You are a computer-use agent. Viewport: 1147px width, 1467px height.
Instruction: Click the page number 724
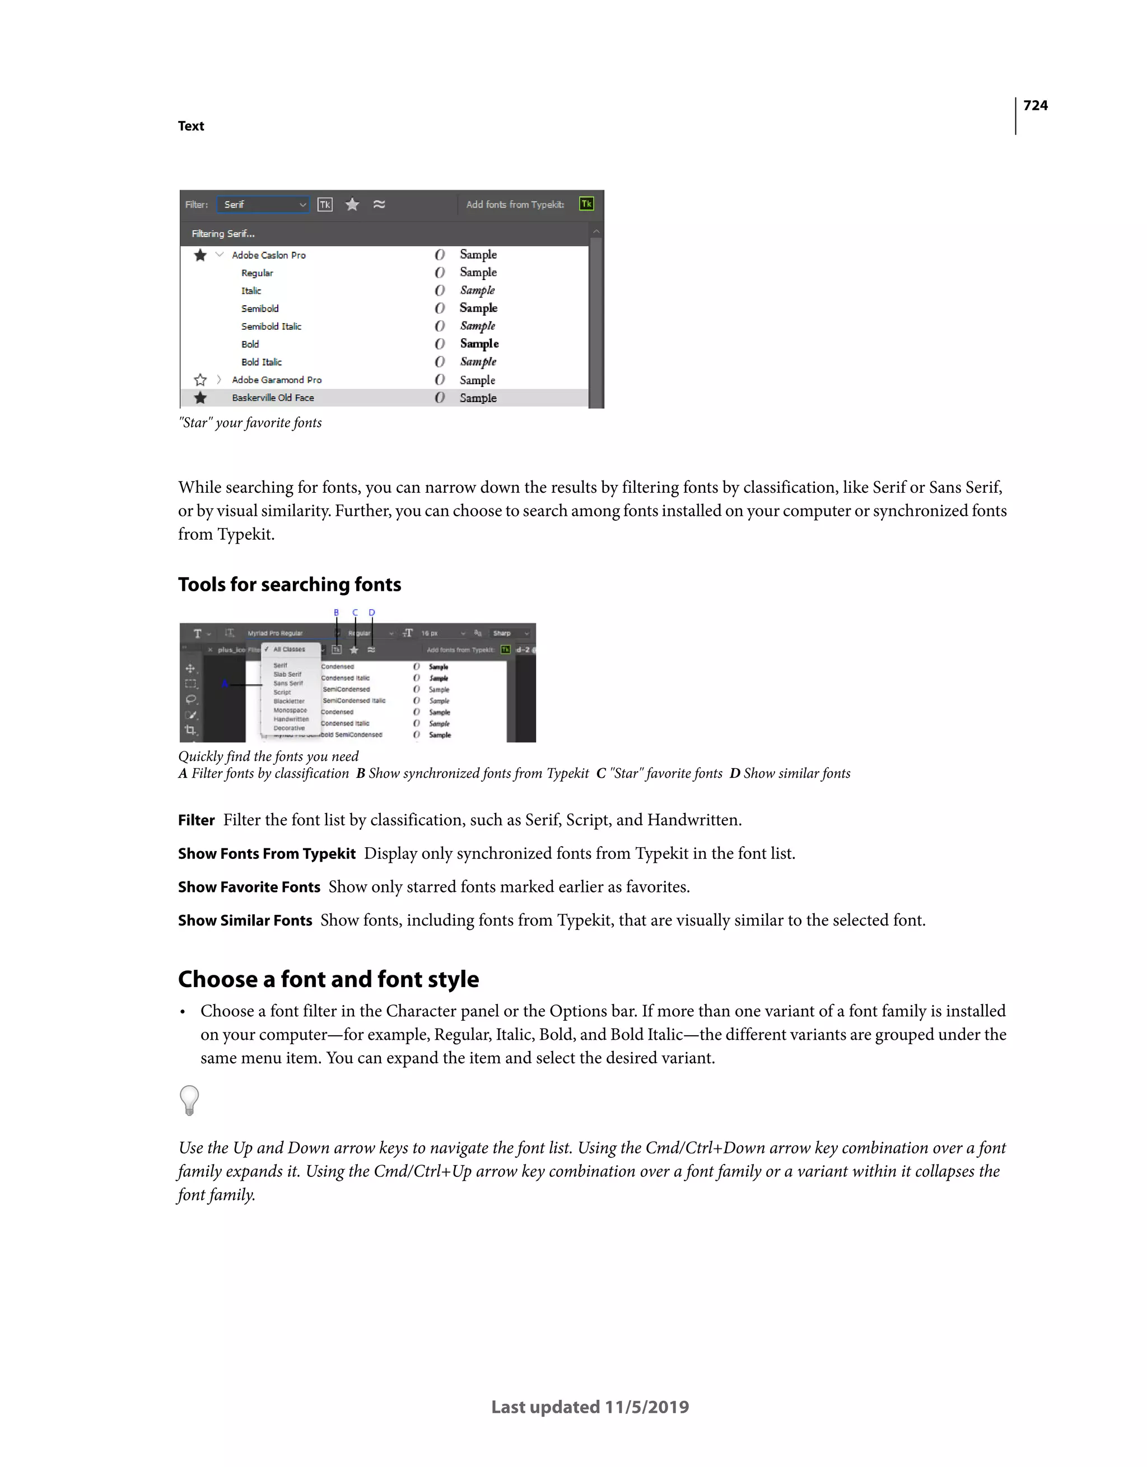pos(1035,105)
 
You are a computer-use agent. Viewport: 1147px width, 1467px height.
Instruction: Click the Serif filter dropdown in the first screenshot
pos(263,204)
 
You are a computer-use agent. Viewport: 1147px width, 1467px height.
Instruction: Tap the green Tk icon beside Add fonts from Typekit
pos(586,203)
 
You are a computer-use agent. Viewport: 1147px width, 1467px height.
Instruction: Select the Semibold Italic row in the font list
pos(272,326)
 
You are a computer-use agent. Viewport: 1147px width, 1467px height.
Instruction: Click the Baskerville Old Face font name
pos(273,398)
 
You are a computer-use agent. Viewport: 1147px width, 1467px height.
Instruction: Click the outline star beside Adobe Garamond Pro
pos(199,380)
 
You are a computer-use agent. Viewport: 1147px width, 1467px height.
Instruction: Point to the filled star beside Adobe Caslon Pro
pos(199,255)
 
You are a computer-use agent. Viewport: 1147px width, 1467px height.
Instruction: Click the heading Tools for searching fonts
pos(289,585)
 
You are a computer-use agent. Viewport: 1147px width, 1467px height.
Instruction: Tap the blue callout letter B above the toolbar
pos(337,613)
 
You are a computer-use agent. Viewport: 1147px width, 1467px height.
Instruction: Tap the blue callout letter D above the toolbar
pos(371,613)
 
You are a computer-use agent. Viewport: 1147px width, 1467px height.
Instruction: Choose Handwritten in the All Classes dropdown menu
pos(290,720)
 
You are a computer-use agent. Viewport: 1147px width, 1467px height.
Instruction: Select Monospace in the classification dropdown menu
pos(290,710)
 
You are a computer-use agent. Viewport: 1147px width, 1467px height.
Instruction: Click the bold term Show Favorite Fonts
pos(249,887)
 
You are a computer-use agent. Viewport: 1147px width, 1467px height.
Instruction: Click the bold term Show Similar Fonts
pos(245,920)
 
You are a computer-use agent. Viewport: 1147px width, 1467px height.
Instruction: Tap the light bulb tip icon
pos(189,1100)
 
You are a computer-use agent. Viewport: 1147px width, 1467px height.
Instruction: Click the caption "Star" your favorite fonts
pos(250,423)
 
